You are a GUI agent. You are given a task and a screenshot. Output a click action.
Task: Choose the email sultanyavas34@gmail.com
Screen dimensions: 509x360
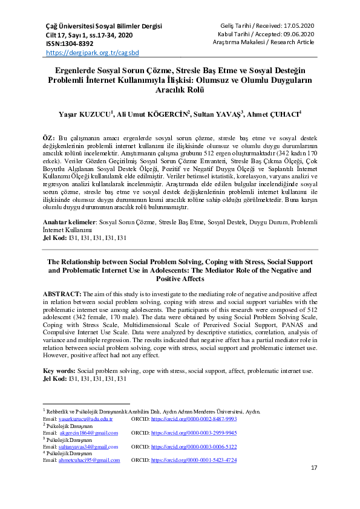pyautogui.click(x=88, y=447)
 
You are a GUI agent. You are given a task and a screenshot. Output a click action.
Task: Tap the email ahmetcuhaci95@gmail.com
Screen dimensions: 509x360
pyautogui.click(x=90, y=460)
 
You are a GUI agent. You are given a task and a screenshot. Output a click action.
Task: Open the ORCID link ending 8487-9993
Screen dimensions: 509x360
pyautogui.click(x=194, y=418)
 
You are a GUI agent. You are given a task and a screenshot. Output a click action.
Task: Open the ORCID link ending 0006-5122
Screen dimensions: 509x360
pyautogui.click(x=194, y=447)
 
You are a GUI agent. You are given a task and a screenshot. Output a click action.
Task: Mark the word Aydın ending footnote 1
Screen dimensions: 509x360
pyautogui.click(x=252, y=411)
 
